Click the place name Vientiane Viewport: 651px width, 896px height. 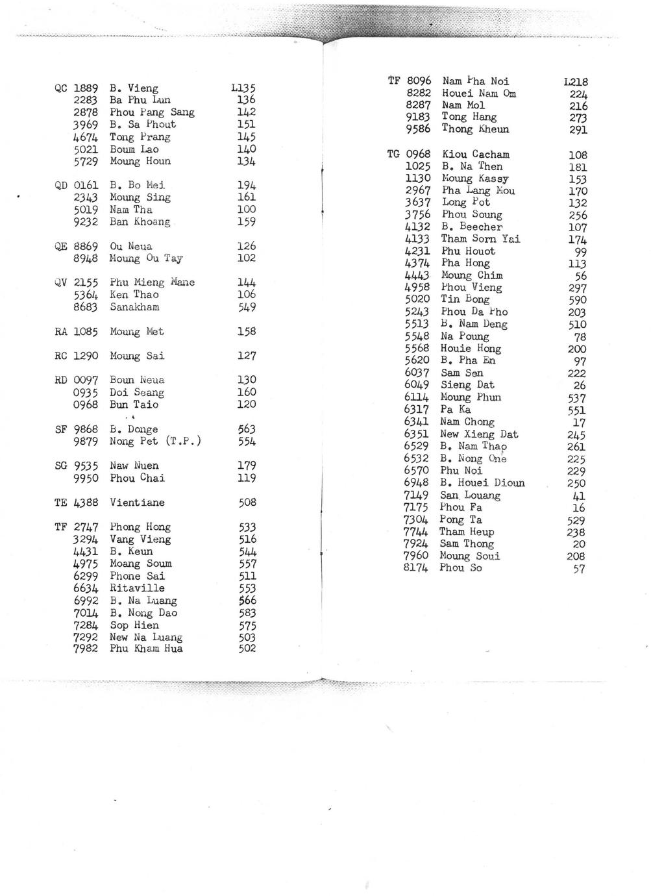point(137,503)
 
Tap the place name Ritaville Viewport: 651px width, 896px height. point(137,588)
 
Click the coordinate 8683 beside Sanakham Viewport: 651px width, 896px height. point(85,307)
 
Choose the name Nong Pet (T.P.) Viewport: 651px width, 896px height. point(155,442)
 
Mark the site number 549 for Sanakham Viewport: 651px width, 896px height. point(247,307)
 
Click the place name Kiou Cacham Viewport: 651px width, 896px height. point(475,155)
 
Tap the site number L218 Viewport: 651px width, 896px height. point(576,82)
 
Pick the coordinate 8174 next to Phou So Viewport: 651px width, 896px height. point(416,568)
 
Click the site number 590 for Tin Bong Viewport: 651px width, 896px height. point(577,300)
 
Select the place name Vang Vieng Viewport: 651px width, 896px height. point(140,540)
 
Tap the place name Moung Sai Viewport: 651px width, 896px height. point(137,356)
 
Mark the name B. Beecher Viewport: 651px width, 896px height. point(471,227)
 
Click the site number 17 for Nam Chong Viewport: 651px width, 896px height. point(580,423)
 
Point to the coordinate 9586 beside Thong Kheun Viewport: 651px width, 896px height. point(418,129)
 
